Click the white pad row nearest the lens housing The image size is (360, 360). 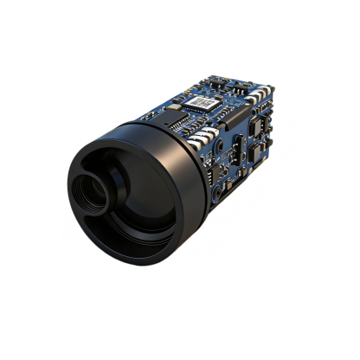205,137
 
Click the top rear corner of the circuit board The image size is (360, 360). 271,84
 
